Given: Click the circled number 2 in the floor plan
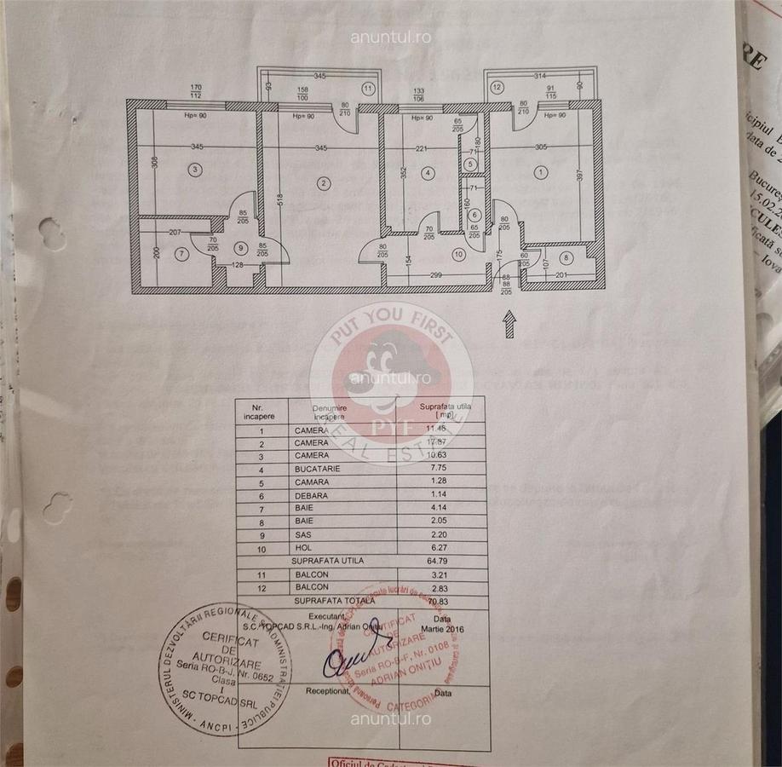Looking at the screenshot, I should coord(323,182).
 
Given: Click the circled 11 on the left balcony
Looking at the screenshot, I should coord(368,88).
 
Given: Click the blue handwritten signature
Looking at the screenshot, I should coord(347,661).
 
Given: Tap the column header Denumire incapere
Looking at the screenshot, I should coord(329,412).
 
